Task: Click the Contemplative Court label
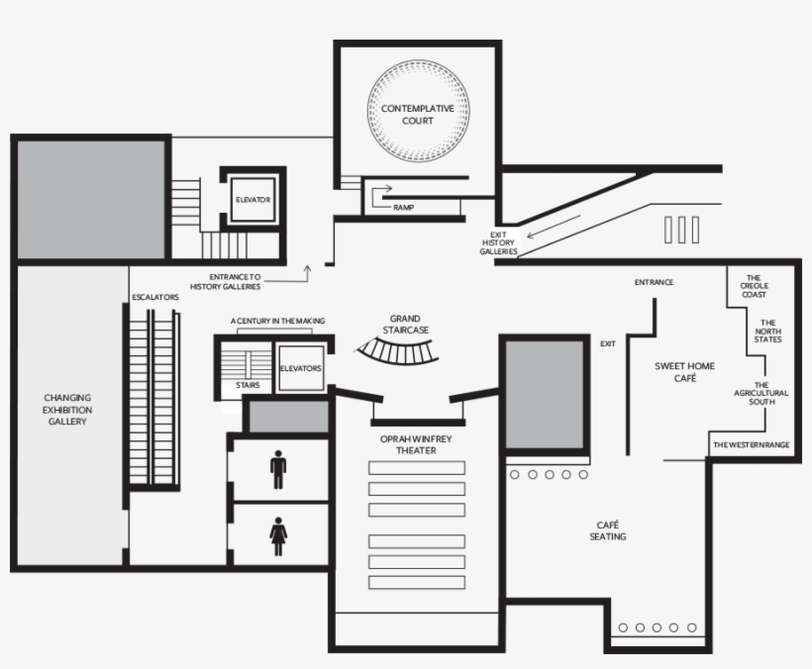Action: (418, 114)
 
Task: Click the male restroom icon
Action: (278, 470)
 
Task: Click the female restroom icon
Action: (278, 538)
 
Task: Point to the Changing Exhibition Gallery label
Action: (67, 410)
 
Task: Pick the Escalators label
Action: (154, 297)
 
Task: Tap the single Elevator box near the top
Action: (253, 200)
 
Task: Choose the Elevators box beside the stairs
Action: (300, 368)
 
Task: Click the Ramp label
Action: (403, 208)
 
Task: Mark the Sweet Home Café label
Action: (683, 372)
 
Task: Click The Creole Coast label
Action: (754, 287)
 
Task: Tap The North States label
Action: (767, 331)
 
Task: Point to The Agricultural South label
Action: (761, 394)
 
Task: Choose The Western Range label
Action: (752, 445)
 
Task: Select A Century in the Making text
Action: (277, 321)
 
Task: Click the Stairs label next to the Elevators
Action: (248, 385)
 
